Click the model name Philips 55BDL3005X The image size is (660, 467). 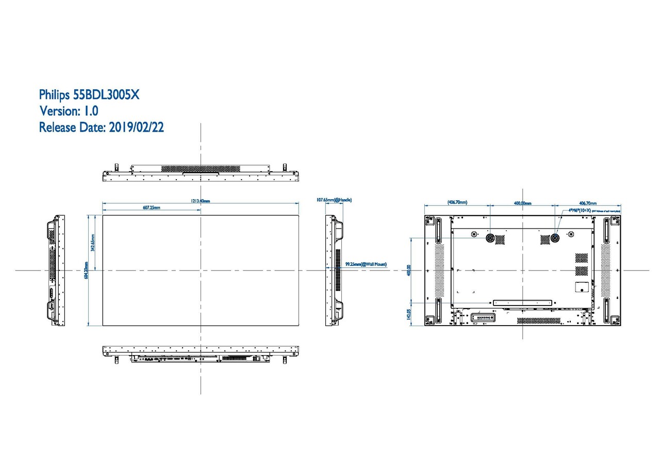pos(89,94)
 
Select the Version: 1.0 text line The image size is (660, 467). pos(69,111)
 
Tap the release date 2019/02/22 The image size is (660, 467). pos(137,127)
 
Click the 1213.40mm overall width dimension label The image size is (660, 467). pos(201,201)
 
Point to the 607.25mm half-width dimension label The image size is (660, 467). pos(151,207)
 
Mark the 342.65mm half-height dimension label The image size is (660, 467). pos(93,242)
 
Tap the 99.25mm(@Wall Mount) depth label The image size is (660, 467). pos(366,264)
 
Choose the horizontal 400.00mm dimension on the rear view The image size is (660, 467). pos(522,203)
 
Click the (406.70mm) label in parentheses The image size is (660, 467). pos(457,203)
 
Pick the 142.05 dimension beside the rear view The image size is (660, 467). pos(409,315)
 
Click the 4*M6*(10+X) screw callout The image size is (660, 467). pos(579,211)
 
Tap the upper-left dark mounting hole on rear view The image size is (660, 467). pos(490,238)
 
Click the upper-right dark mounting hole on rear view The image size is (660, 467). pos(555,238)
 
